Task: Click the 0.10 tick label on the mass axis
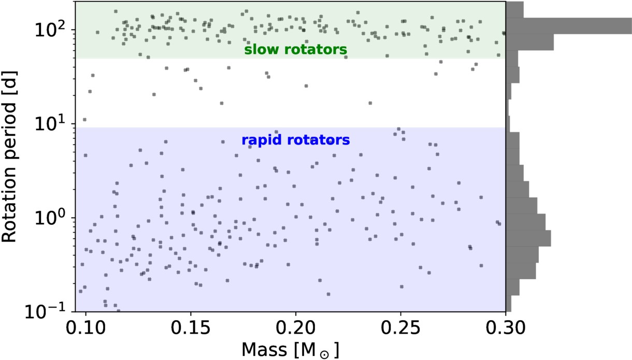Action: tap(86, 327)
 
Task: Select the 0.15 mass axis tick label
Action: tap(191, 327)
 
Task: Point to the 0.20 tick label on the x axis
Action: tap(296, 327)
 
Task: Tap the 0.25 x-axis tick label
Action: tap(400, 327)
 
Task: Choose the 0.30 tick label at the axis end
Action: tap(505, 327)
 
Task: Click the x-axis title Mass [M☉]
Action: tap(290, 350)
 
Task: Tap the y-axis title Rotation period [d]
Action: tap(9, 156)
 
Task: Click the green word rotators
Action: tap(315, 50)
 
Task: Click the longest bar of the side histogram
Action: tap(569, 26)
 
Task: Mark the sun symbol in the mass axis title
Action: tap(324, 354)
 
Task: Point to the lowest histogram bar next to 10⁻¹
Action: tap(509, 304)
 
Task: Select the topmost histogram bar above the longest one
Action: tap(515, 10)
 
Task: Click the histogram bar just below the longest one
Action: tap(530, 42)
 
